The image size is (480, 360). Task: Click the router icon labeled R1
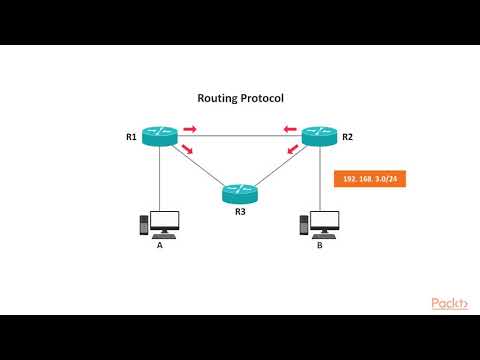point(159,136)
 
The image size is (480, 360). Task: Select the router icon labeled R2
point(320,136)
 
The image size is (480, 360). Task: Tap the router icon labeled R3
point(240,193)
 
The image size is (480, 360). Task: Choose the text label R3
point(240,211)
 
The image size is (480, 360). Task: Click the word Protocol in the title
point(264,99)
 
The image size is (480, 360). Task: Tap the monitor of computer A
point(163,222)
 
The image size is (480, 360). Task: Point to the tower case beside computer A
point(141,227)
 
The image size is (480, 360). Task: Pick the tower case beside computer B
point(302,227)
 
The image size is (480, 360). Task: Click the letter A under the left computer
point(159,245)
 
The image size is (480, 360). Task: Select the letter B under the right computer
point(320,245)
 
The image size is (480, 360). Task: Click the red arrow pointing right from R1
point(190,129)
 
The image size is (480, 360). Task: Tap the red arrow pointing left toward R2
point(289,129)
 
